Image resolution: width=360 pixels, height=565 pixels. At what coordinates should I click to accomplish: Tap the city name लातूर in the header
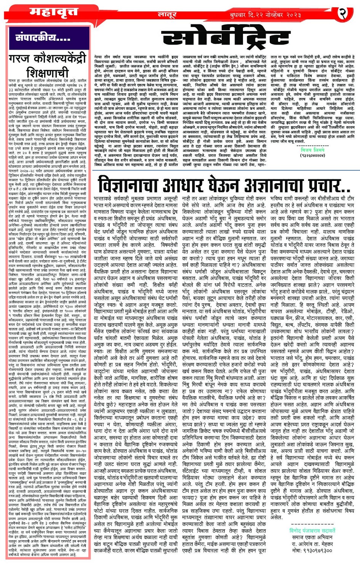click(x=166, y=14)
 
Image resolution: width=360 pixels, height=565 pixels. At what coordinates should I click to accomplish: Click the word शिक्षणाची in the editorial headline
click(x=49, y=72)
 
